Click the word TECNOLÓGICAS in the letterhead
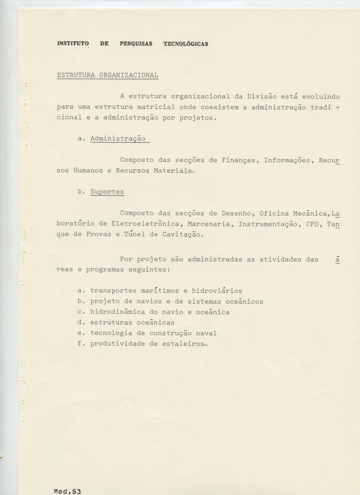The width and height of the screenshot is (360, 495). point(186,44)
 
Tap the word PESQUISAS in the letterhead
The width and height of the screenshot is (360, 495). point(136,44)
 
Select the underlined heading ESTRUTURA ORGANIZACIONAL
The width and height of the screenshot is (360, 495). point(107,75)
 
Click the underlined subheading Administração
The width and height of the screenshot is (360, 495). point(118,139)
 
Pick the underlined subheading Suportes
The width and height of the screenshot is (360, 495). point(107,192)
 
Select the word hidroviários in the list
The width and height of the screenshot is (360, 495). point(216,291)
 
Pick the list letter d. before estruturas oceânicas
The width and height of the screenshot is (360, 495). point(81,323)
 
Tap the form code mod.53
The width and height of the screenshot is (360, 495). point(67,491)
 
